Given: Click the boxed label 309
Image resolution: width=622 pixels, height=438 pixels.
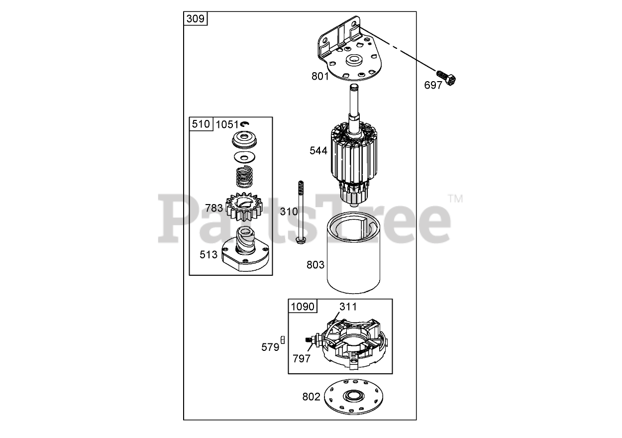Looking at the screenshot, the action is click(195, 18).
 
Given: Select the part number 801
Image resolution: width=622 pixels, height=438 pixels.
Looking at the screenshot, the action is click(320, 76).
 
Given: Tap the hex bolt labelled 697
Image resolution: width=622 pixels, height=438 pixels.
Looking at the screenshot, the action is click(446, 78).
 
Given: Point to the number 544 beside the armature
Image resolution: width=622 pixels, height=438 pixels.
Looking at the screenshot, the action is click(318, 150).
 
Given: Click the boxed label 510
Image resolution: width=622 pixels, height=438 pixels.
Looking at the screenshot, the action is click(201, 124).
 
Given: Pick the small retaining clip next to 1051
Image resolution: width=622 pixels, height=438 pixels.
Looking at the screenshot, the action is click(245, 124).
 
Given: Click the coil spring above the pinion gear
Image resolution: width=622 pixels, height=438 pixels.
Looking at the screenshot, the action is click(244, 177).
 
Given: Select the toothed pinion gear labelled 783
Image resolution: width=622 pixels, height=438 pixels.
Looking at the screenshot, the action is click(244, 207).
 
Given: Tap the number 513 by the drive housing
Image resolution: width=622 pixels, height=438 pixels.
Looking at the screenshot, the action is click(208, 254).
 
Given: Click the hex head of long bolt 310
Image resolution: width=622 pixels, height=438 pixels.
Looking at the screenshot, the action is click(301, 240).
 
